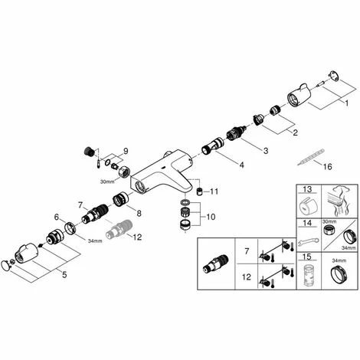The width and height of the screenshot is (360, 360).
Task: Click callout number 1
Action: tap(346, 103)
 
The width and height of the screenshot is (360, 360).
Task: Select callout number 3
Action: tap(266, 151)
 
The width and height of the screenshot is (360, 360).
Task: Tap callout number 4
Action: tap(241, 165)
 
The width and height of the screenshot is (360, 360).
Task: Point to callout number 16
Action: tap(328, 167)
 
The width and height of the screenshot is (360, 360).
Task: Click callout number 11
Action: tap(214, 191)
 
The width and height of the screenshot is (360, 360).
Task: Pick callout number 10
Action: tap(211, 217)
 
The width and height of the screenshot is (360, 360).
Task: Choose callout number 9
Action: tap(126, 151)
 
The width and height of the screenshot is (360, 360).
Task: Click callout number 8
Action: tap(139, 213)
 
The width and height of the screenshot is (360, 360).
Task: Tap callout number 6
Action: tap(57, 217)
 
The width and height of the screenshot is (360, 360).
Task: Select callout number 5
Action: tap(64, 275)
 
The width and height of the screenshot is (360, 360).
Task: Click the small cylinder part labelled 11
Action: tap(201, 191)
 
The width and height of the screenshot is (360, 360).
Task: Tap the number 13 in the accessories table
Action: tap(307, 189)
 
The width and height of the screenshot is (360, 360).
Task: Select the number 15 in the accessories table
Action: tap(307, 257)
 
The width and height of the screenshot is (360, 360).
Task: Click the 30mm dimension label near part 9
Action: tap(107, 182)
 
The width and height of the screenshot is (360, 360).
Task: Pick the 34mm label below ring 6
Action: tap(95, 241)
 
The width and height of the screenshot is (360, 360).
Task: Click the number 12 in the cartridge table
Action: tap(247, 277)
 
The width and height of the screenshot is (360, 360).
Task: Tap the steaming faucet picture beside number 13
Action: tap(339, 201)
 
